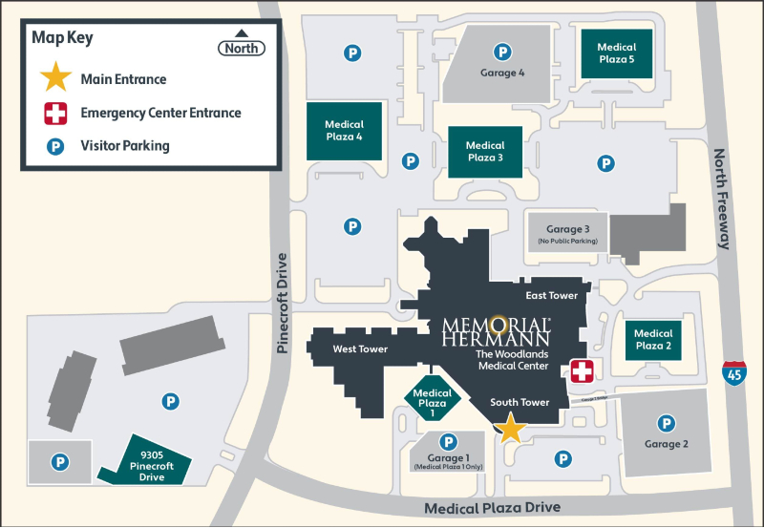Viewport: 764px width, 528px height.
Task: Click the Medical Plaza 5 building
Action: click(x=616, y=53)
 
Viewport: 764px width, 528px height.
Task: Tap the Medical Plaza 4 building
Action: click(x=344, y=131)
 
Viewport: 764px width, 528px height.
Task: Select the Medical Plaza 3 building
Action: click(x=484, y=152)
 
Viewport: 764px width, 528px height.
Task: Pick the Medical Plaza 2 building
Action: click(x=654, y=339)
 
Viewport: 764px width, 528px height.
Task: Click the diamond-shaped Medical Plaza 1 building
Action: click(x=433, y=399)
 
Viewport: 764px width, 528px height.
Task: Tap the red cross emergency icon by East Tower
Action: click(x=582, y=371)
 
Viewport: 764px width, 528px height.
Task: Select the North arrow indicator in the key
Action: click(x=242, y=43)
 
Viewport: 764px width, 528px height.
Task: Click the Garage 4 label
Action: click(x=501, y=73)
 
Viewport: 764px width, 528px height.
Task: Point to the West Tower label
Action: click(x=360, y=349)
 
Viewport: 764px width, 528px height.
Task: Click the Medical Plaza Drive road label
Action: click(x=492, y=507)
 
